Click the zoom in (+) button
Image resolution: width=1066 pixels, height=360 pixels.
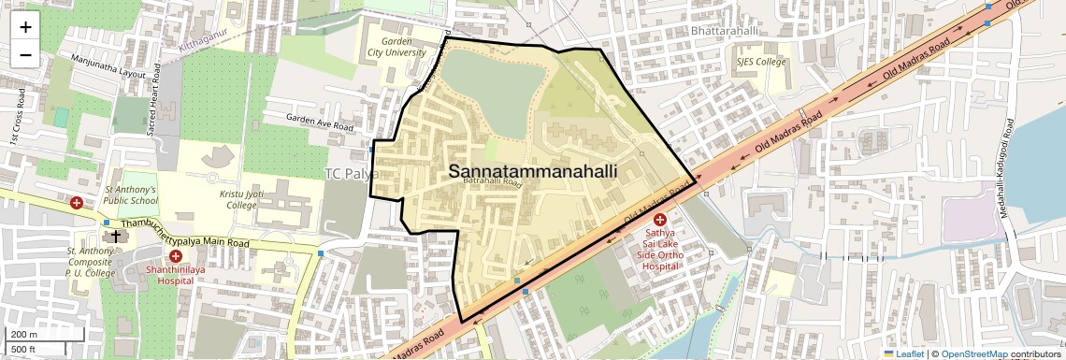(25, 27)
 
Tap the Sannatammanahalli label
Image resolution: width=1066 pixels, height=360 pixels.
(533, 172)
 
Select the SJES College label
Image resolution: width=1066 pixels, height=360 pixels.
(761, 63)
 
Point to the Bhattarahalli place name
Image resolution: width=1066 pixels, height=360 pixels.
(723, 31)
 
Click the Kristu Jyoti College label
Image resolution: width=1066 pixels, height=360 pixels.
(224, 198)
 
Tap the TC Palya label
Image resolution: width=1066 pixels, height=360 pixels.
(351, 174)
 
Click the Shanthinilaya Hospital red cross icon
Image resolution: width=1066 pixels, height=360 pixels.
(175, 255)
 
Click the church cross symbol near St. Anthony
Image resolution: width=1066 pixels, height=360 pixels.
(115, 236)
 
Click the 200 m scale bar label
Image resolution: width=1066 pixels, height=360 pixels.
(24, 335)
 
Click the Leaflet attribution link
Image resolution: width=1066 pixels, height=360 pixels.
(903, 353)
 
